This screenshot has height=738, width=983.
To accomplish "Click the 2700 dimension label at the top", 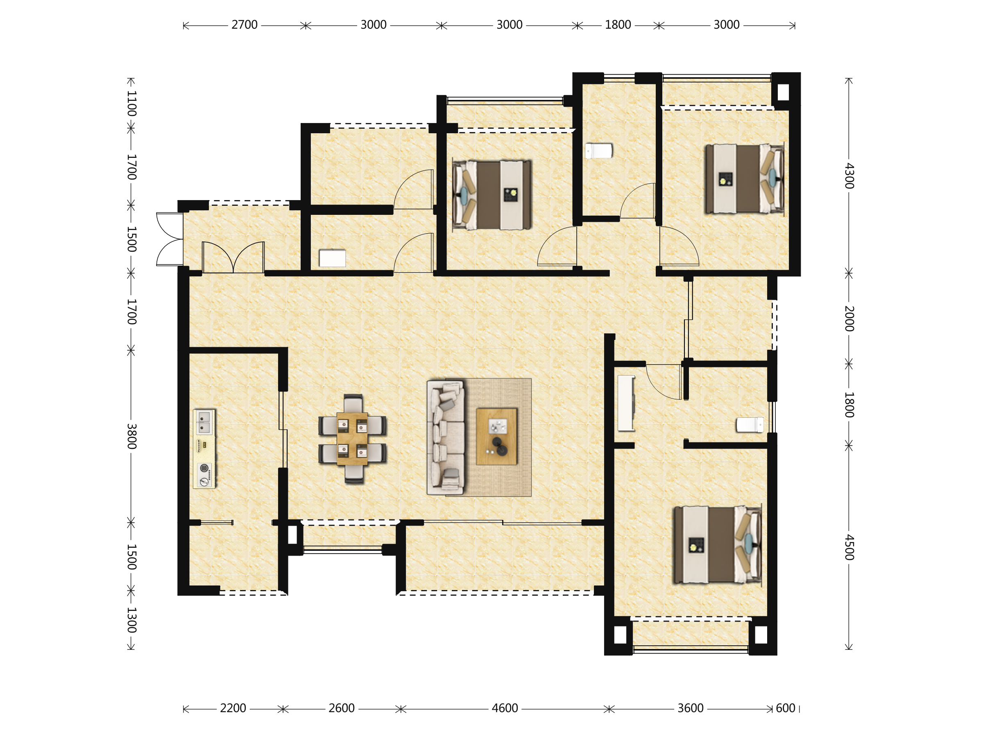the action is (x=245, y=25).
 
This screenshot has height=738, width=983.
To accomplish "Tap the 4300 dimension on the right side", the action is (x=849, y=176).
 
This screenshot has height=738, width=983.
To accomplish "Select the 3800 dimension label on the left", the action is (x=131, y=436).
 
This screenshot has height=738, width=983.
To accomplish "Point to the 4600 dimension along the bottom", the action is (x=505, y=708).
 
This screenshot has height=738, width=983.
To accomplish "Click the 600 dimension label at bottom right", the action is (x=786, y=708).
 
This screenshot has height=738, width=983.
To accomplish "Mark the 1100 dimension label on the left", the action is (x=131, y=103).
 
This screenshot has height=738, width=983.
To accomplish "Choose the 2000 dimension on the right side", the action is (x=849, y=319).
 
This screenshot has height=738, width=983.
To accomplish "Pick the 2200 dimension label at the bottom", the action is (x=233, y=708).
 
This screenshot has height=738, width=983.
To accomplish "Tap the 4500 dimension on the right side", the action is (x=849, y=547).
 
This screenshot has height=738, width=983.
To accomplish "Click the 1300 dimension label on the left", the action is (x=131, y=620).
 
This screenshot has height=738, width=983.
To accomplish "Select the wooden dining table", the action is (x=352, y=439).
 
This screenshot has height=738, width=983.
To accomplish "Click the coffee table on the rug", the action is (x=496, y=436).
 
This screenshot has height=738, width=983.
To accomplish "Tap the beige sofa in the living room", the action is (x=446, y=437).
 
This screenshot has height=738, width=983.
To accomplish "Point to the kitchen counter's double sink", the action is (x=204, y=422).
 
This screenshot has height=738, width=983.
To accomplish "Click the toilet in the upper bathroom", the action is (x=598, y=151).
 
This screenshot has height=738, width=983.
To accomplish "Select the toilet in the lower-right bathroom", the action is (x=750, y=425).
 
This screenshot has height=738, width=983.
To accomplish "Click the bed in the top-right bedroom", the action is (x=744, y=178).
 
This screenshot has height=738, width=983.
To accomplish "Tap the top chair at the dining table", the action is (x=353, y=403).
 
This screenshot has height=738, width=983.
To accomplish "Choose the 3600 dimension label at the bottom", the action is (x=690, y=708).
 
